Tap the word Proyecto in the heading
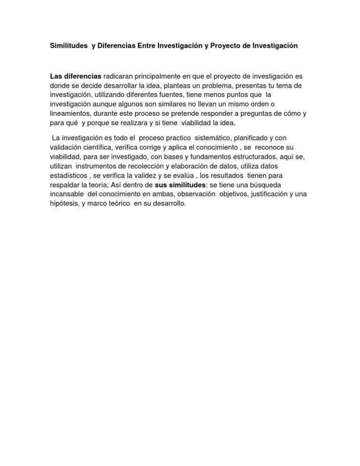[228, 46]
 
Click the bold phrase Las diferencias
[75, 76]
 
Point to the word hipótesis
[64, 204]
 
